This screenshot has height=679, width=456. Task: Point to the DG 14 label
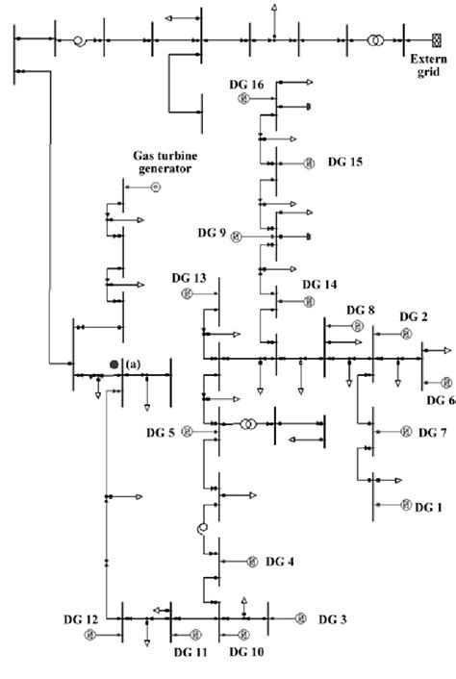[319, 285]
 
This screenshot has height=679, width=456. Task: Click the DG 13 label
[189, 278]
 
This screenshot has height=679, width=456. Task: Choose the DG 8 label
[362, 311]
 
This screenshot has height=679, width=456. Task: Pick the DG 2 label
[414, 316]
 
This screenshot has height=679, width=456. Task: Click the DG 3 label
[332, 618]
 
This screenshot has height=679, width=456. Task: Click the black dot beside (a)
[114, 365]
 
